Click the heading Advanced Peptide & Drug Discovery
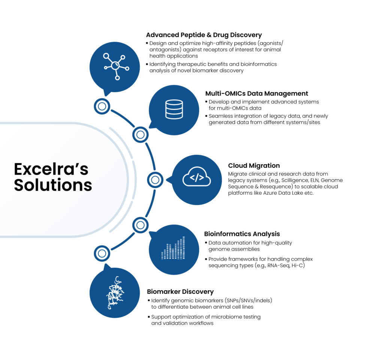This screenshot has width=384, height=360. [x=204, y=35]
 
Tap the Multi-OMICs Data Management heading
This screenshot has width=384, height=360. [x=256, y=93]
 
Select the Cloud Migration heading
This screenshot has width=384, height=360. [x=254, y=165]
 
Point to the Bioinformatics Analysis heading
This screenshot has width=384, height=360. [x=242, y=234]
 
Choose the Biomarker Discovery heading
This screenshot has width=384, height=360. [x=180, y=292]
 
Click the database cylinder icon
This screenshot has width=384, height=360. [x=174, y=109]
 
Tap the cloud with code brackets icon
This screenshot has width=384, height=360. [x=196, y=177]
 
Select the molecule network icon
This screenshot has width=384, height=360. [x=115, y=66]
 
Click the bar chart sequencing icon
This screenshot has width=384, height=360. [x=173, y=248]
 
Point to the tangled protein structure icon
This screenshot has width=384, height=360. [x=115, y=292]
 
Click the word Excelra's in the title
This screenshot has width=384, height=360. [x=51, y=169]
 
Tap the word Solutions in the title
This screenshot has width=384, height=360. [x=53, y=185]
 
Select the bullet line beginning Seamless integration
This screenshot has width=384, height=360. [x=267, y=119]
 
